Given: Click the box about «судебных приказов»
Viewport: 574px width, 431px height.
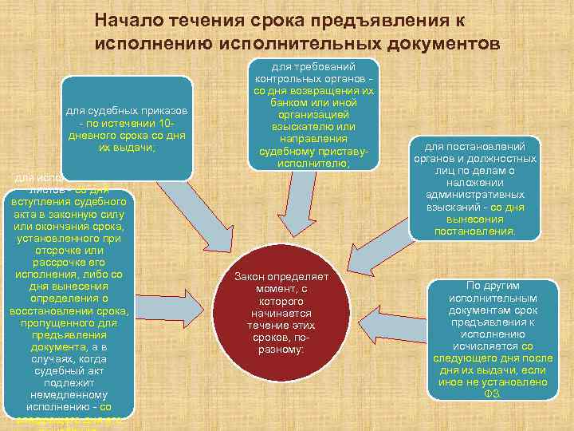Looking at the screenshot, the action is coord(128,125).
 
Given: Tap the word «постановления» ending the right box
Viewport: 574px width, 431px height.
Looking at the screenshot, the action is coord(474,231).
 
